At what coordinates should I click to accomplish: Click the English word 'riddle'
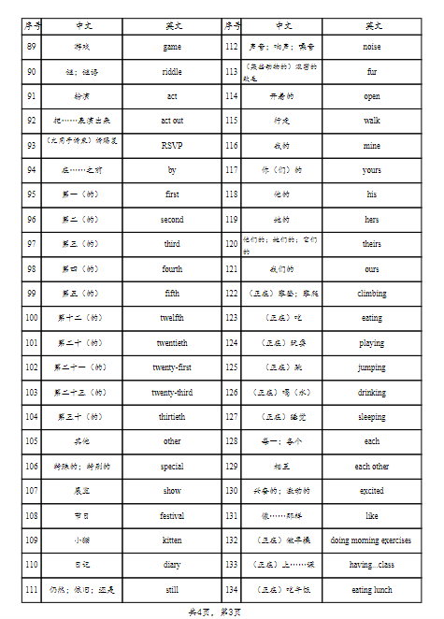pyautogui.click(x=172, y=71)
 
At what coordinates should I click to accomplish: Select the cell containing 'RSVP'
pyautogui.click(x=172, y=145)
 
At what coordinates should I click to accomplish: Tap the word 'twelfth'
pyautogui.click(x=172, y=318)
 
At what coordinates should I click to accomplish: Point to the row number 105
pyautogui.click(x=32, y=441)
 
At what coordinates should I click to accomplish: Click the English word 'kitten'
pyautogui.click(x=172, y=540)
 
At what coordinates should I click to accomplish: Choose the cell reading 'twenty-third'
pyautogui.click(x=172, y=392)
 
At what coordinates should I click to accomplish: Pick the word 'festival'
pyautogui.click(x=172, y=515)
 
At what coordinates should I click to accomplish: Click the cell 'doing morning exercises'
pyautogui.click(x=371, y=540)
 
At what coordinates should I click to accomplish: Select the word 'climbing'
pyautogui.click(x=371, y=294)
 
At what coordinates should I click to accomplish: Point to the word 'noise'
pyautogui.click(x=371, y=46)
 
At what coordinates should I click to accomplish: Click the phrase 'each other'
pyautogui.click(x=371, y=467)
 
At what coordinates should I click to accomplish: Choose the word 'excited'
pyautogui.click(x=371, y=491)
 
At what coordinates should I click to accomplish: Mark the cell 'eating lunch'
pyautogui.click(x=371, y=590)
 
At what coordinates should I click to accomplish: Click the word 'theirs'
pyautogui.click(x=371, y=244)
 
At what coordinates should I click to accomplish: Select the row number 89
pyautogui.click(x=32, y=46)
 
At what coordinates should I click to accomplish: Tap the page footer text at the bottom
pyautogui.click(x=222, y=611)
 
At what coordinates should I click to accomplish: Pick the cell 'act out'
pyautogui.click(x=172, y=121)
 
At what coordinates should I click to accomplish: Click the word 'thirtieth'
pyautogui.click(x=172, y=417)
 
